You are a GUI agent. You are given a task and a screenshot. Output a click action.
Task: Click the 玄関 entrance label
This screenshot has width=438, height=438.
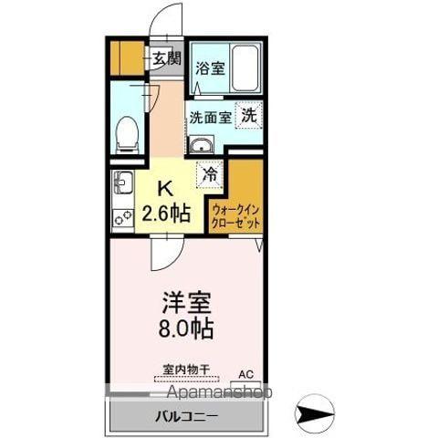pyautogui.click(x=166, y=60)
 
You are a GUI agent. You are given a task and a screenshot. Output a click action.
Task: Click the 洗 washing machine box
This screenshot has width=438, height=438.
pyautogui.click(x=248, y=116)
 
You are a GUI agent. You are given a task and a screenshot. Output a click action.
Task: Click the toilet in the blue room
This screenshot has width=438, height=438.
pyautogui.click(x=127, y=134)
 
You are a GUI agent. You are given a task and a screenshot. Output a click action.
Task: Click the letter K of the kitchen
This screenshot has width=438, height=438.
pyautogui.click(x=166, y=189)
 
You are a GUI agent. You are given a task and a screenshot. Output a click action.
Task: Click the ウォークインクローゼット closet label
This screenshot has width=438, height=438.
pyautogui.click(x=235, y=214)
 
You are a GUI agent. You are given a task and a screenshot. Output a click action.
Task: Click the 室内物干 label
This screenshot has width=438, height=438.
pyautogui.click(x=186, y=370)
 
